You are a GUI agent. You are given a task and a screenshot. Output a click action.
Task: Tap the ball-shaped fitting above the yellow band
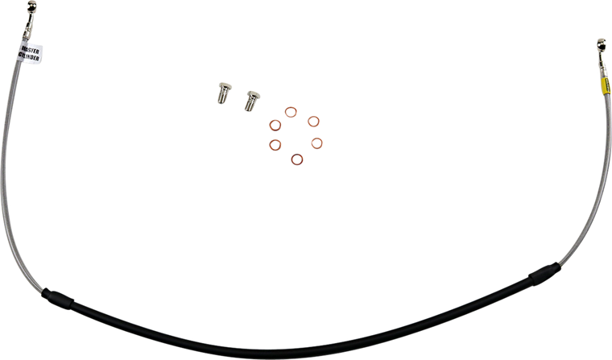[x=599, y=41]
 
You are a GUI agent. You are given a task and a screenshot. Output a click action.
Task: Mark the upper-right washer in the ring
[x=315, y=122]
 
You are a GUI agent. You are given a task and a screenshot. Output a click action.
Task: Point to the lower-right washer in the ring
[x=316, y=143]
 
